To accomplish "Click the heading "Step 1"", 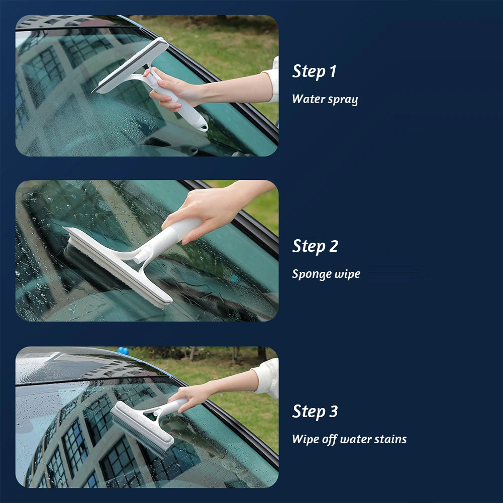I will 314,72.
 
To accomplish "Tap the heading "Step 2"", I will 315,247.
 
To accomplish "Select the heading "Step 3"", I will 315,412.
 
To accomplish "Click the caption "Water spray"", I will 325,99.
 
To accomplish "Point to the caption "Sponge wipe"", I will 326,274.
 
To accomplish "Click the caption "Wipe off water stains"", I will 349,439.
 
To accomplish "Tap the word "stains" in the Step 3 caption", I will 391,439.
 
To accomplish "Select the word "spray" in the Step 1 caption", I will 343,99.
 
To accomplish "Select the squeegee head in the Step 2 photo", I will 116,266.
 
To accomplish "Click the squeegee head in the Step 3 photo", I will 141,427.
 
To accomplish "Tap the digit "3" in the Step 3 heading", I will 333,412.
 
